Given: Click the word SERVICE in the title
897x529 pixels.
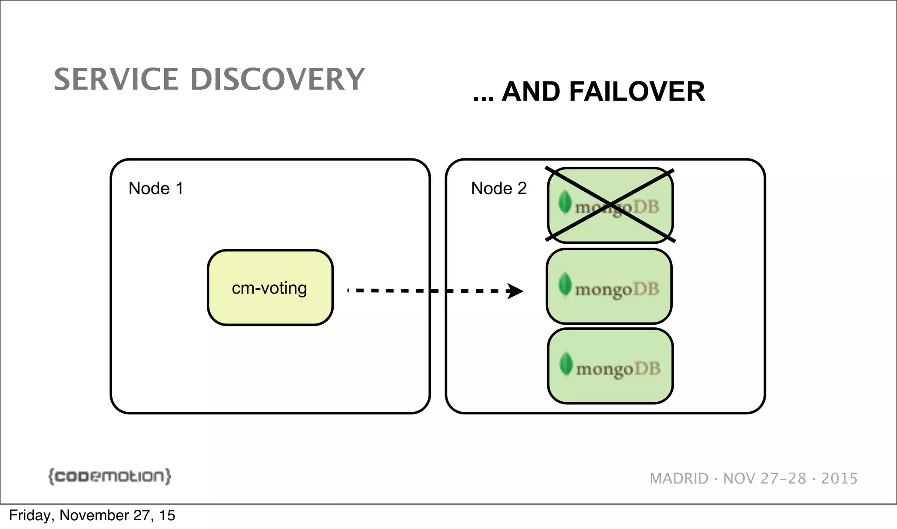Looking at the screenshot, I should (x=116, y=80).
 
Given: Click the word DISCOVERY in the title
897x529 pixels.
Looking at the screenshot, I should (x=277, y=80).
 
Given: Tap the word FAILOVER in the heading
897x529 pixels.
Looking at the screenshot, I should (x=637, y=92).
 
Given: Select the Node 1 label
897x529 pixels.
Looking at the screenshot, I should (x=155, y=189).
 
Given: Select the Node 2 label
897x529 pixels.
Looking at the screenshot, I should (x=498, y=189).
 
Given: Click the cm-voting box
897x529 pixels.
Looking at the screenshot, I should (x=270, y=288).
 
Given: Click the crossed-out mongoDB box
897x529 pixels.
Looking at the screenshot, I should (x=610, y=205).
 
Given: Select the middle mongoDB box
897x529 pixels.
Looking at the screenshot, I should (x=609, y=287).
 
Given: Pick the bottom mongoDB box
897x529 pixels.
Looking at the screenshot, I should (x=610, y=366).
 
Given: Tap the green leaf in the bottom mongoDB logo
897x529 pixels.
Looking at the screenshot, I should (x=566, y=364).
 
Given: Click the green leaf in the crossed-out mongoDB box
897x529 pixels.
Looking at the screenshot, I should (x=565, y=203).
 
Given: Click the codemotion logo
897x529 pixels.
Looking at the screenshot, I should (x=109, y=476).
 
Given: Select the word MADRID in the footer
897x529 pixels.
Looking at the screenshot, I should (x=679, y=479).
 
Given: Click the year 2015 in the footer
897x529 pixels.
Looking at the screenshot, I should (x=839, y=479).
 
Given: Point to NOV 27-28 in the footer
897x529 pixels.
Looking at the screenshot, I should (x=764, y=479).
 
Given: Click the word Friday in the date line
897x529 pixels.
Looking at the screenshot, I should (x=29, y=515).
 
